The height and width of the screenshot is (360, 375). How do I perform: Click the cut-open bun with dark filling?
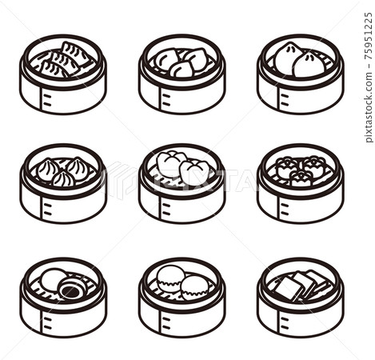pyautogui.click(x=70, y=288)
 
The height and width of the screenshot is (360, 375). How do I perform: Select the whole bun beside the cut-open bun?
pyautogui.click(x=53, y=278)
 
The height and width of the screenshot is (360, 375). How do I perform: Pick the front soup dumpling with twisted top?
pyautogui.click(x=63, y=178)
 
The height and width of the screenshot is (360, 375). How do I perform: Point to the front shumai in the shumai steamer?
pyautogui.click(x=301, y=178)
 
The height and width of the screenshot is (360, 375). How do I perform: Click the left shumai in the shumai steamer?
pyautogui.click(x=286, y=167)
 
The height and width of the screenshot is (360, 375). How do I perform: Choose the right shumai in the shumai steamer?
pyautogui.click(x=316, y=166)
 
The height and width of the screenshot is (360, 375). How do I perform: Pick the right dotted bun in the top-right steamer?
pyautogui.click(x=309, y=66)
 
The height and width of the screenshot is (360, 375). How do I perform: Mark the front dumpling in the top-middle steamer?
pyautogui.click(x=182, y=69)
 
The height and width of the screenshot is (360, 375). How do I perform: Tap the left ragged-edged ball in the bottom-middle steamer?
pyautogui.click(x=170, y=278)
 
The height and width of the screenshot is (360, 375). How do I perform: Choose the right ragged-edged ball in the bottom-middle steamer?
pyautogui.click(x=194, y=288)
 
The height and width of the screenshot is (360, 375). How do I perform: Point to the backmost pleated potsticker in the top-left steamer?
pyautogui.click(x=76, y=53)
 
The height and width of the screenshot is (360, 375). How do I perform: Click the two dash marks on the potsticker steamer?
pyautogui.click(x=47, y=100)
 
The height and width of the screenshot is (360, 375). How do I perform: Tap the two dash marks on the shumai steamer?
pyautogui.click(x=285, y=209)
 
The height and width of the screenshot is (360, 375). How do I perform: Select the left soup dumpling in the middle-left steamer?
pyautogui.click(x=48, y=169)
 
